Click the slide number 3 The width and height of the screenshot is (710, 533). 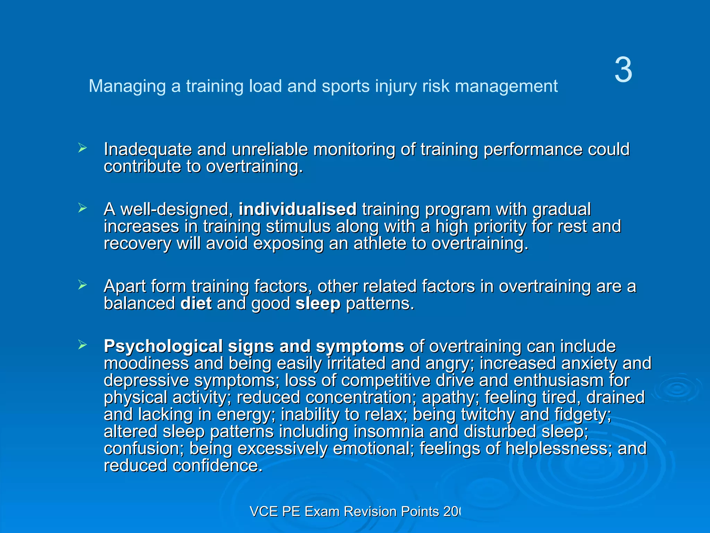point(623,70)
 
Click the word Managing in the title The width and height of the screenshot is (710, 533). point(127,86)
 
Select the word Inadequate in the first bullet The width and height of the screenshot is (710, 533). point(148,150)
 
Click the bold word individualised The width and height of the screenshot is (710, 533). point(297,209)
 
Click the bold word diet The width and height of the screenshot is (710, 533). point(196,304)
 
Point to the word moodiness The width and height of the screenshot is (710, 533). point(146,364)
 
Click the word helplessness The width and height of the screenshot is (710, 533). point(556,449)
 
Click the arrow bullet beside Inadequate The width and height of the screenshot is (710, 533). point(82,148)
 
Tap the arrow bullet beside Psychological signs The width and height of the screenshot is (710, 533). point(82,345)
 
